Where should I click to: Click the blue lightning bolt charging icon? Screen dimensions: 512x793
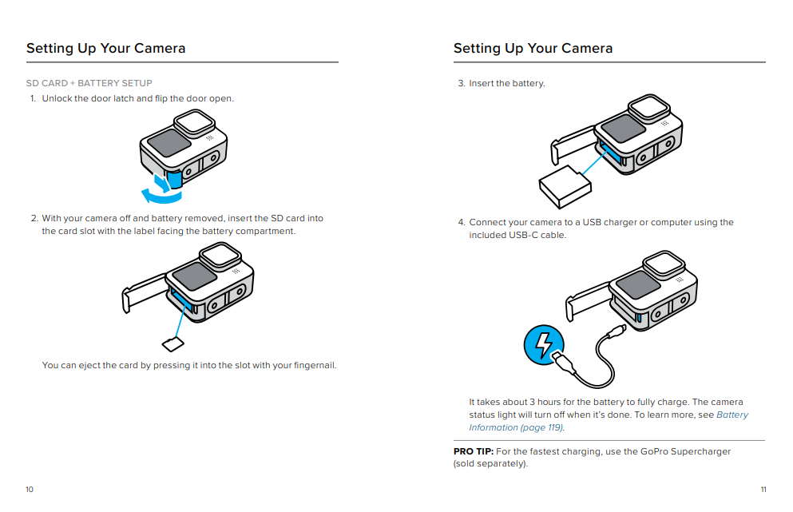[x=543, y=345]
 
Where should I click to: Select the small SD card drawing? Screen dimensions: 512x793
[x=172, y=343]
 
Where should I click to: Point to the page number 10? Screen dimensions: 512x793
[x=30, y=490]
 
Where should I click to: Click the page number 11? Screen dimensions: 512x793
[x=763, y=490]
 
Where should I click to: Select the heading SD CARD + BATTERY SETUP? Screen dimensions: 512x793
[x=89, y=83]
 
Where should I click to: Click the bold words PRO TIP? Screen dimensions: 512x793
[x=473, y=451]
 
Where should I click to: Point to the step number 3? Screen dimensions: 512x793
[x=461, y=83]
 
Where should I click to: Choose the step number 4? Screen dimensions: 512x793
[x=461, y=222]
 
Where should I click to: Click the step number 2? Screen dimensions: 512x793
[x=34, y=218]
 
